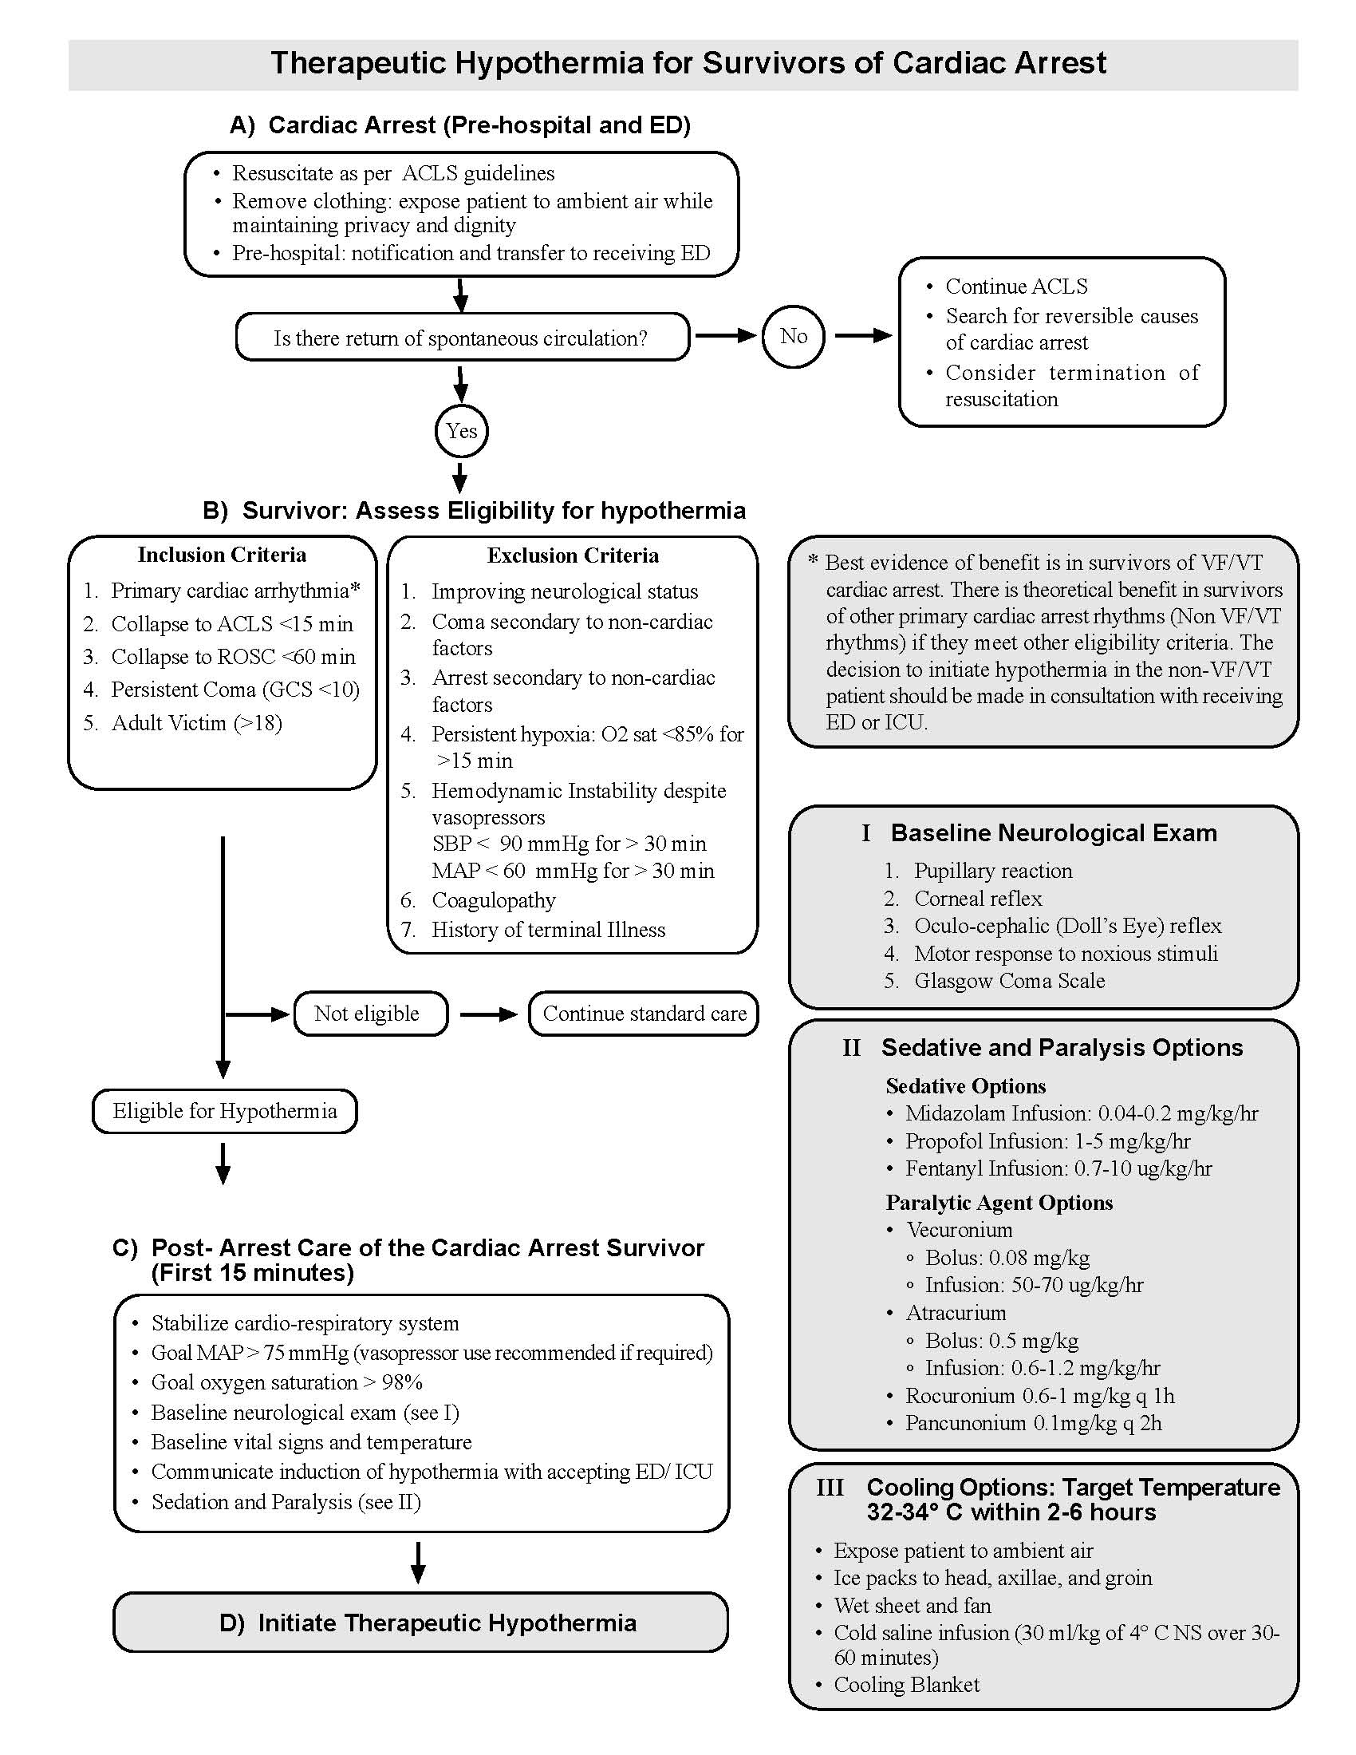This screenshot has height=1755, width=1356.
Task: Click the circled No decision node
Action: pos(793,337)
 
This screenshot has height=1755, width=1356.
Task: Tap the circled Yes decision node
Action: pos(461,432)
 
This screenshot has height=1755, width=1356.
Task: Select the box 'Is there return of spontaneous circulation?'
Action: pos(462,338)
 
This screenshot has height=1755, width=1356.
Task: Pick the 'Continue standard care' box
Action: pos(644,1014)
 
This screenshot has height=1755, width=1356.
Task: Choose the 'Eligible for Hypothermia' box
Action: pos(224,1111)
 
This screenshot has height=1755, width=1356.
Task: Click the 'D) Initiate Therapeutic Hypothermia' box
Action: pos(421,1623)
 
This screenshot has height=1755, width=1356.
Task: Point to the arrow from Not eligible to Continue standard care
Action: pos(488,1014)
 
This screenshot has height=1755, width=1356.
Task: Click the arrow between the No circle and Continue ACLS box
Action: pos(863,336)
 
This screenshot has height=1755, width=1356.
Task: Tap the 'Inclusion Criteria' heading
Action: pos(222,555)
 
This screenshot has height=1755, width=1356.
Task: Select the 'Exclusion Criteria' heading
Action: pos(573,555)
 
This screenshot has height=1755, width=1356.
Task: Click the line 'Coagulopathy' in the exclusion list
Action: pos(493,900)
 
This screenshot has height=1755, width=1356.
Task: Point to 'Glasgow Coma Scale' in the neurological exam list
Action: pos(1009,980)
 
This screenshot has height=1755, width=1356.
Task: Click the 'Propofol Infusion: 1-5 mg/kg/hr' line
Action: pos(1047,1141)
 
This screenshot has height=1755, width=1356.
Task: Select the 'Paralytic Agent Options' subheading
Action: pos(999,1202)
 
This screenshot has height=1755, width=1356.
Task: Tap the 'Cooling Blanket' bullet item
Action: pos(906,1684)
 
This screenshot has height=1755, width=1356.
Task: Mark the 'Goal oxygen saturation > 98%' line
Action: pos(287,1382)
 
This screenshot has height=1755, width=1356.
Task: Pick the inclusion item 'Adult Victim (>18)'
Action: pos(197,723)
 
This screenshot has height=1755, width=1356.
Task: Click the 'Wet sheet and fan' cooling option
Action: pos(912,1605)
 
